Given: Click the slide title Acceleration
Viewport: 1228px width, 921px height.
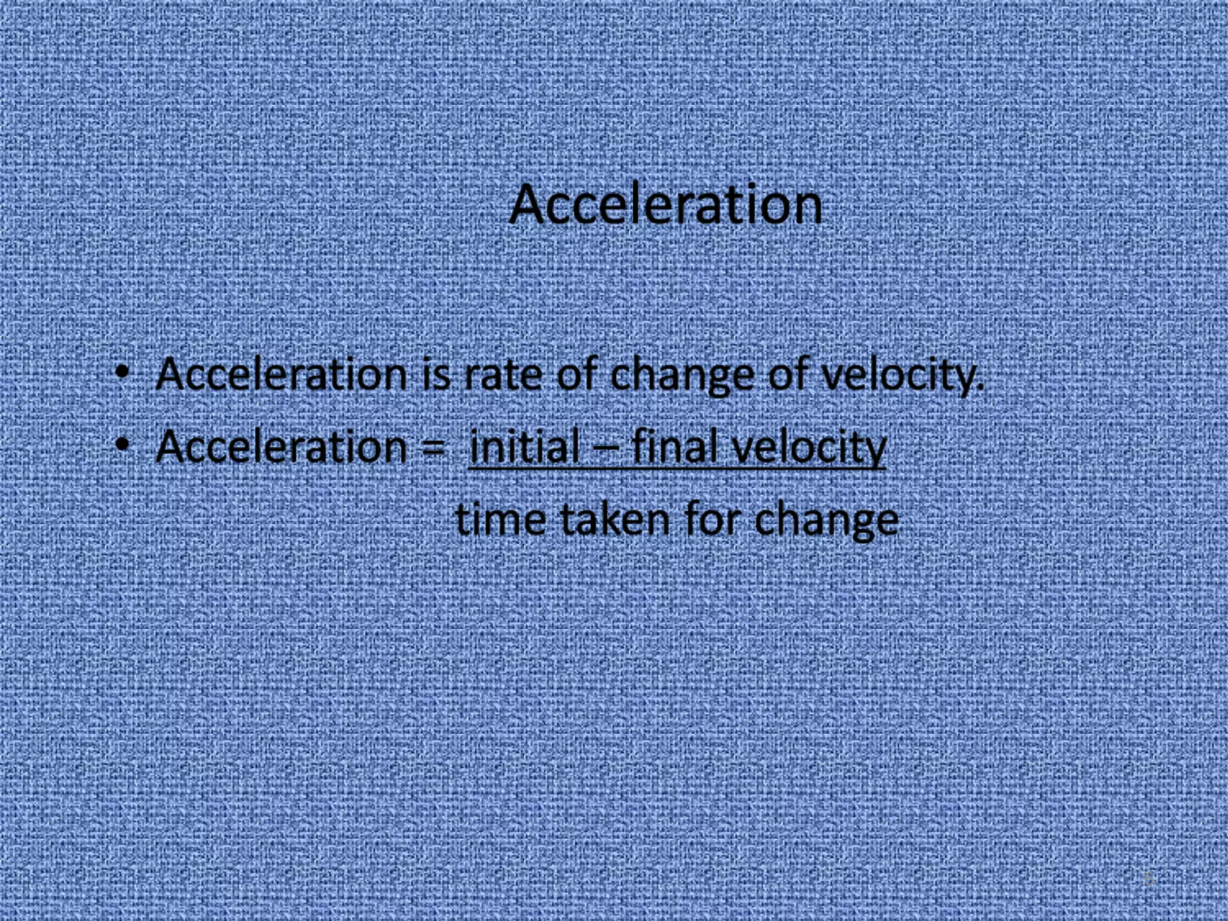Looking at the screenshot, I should click(x=666, y=205).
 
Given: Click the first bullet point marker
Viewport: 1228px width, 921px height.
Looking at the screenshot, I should click(x=122, y=372).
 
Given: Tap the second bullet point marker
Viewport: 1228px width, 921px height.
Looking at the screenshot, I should click(x=122, y=445).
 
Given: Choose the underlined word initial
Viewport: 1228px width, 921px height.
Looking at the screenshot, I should click(x=524, y=447).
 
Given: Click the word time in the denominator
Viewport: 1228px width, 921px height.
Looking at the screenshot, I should click(x=501, y=520).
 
